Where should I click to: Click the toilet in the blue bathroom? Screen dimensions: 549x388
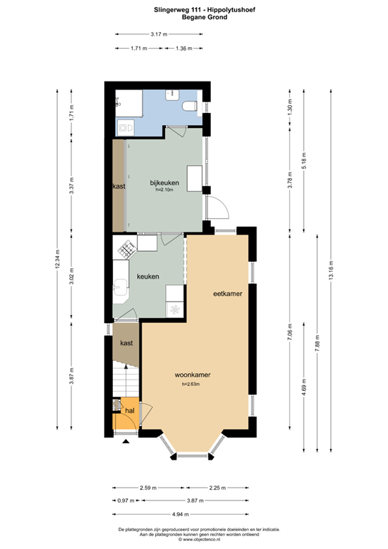189,107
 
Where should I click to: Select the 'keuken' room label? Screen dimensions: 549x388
148,277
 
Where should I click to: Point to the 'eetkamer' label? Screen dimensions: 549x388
226,294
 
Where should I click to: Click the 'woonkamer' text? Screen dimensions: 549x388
192,374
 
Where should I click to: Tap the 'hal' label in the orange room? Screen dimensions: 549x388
130,411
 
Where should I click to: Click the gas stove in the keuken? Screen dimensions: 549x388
127,250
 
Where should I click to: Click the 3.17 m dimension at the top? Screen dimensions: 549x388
159,34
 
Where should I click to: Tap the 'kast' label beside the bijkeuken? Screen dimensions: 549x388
119,187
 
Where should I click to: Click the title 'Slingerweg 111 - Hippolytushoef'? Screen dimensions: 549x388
194,10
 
